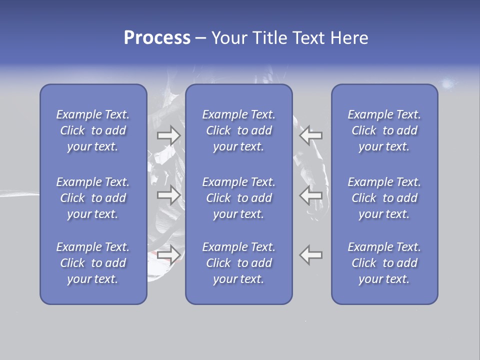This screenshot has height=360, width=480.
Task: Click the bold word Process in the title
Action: pos(157,38)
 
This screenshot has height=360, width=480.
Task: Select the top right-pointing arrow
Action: pos(169,135)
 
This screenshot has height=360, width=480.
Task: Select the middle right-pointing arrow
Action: pos(169,195)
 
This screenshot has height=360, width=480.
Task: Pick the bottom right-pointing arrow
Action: pos(169,255)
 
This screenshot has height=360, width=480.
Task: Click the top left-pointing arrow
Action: pos(311,135)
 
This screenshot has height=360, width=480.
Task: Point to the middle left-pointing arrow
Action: pos(311,195)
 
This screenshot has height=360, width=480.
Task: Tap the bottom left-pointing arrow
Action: pos(311,255)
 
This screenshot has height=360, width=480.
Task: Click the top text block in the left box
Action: pos(93,130)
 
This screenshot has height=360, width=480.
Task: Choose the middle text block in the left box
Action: pos(93,198)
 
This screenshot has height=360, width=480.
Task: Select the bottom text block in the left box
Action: pos(93,263)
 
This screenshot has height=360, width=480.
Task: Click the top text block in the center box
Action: pos(239,130)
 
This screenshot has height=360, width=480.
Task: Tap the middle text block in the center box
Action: pos(239,198)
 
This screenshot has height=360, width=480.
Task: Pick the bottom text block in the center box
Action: pos(239,263)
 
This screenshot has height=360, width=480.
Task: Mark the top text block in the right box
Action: pos(384,130)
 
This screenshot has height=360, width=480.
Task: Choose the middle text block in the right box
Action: pos(384,198)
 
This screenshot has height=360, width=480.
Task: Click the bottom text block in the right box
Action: pos(384,263)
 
